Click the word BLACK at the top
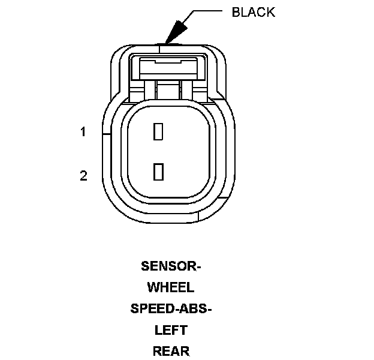(x=253, y=12)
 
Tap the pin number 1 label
(x=84, y=132)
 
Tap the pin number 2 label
(x=84, y=176)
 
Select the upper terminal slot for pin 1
(x=158, y=131)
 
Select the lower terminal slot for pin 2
(x=158, y=172)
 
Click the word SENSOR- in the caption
(x=171, y=266)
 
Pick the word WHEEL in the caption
(x=171, y=287)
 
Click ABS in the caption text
(x=195, y=309)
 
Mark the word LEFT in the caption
(x=171, y=330)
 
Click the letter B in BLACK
(x=236, y=12)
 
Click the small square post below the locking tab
(x=168, y=91)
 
